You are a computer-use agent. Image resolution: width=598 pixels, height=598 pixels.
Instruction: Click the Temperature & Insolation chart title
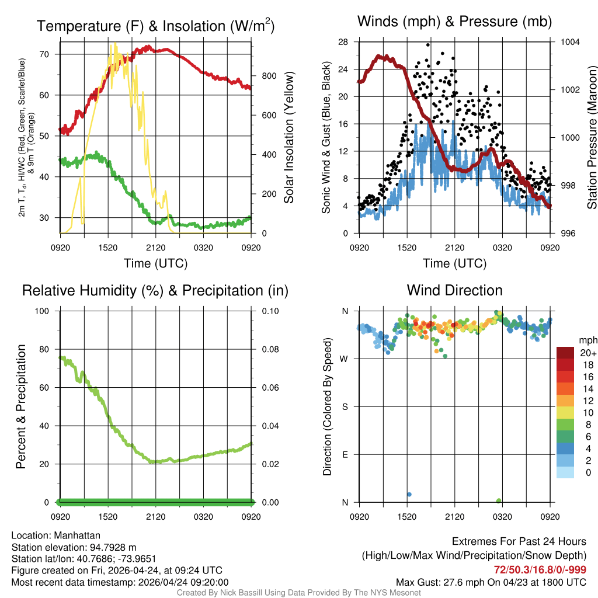click(155, 26)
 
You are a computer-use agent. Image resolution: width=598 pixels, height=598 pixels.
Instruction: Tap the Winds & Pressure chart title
click(454, 22)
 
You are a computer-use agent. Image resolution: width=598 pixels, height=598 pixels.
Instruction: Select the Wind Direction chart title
click(454, 290)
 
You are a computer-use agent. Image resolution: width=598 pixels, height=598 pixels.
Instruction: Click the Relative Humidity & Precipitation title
click(155, 290)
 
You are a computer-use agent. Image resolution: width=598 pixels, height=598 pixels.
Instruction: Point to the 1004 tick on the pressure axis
click(569, 42)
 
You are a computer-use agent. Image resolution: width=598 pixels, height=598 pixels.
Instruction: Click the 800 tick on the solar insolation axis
click(269, 76)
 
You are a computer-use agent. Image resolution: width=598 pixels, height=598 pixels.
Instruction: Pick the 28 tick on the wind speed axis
click(343, 42)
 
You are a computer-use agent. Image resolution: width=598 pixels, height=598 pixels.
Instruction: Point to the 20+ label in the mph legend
click(587, 353)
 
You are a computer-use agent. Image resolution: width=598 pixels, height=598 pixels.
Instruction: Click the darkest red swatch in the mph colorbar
click(565, 353)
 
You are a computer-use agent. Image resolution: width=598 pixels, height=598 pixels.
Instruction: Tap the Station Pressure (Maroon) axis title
click(592, 137)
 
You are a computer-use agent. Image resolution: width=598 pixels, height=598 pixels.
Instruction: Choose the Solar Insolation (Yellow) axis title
click(288, 137)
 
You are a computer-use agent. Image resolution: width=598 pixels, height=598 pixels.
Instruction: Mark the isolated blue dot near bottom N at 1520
click(409, 495)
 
